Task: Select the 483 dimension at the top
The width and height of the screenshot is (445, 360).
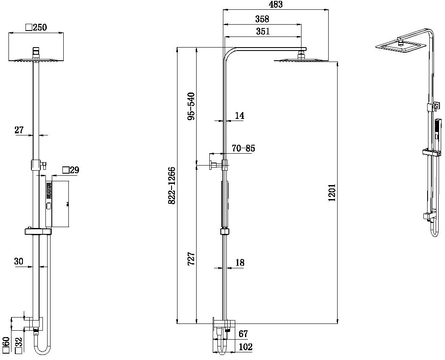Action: pos(276,5)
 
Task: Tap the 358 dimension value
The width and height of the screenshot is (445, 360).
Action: pos(262,19)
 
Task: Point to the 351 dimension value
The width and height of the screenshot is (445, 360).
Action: pos(262,31)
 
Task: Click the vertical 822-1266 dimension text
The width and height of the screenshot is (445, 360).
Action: pos(172,186)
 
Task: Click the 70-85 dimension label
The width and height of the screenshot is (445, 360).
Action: pos(243,148)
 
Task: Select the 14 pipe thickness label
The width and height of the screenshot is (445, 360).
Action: pos(239,115)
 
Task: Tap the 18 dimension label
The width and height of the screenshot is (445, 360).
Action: pos(240,263)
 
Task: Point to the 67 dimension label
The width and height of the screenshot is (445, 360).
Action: pos(243,335)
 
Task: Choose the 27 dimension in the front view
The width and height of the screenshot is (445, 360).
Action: pos(19,130)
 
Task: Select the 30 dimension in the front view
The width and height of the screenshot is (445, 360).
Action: pos(19,262)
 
